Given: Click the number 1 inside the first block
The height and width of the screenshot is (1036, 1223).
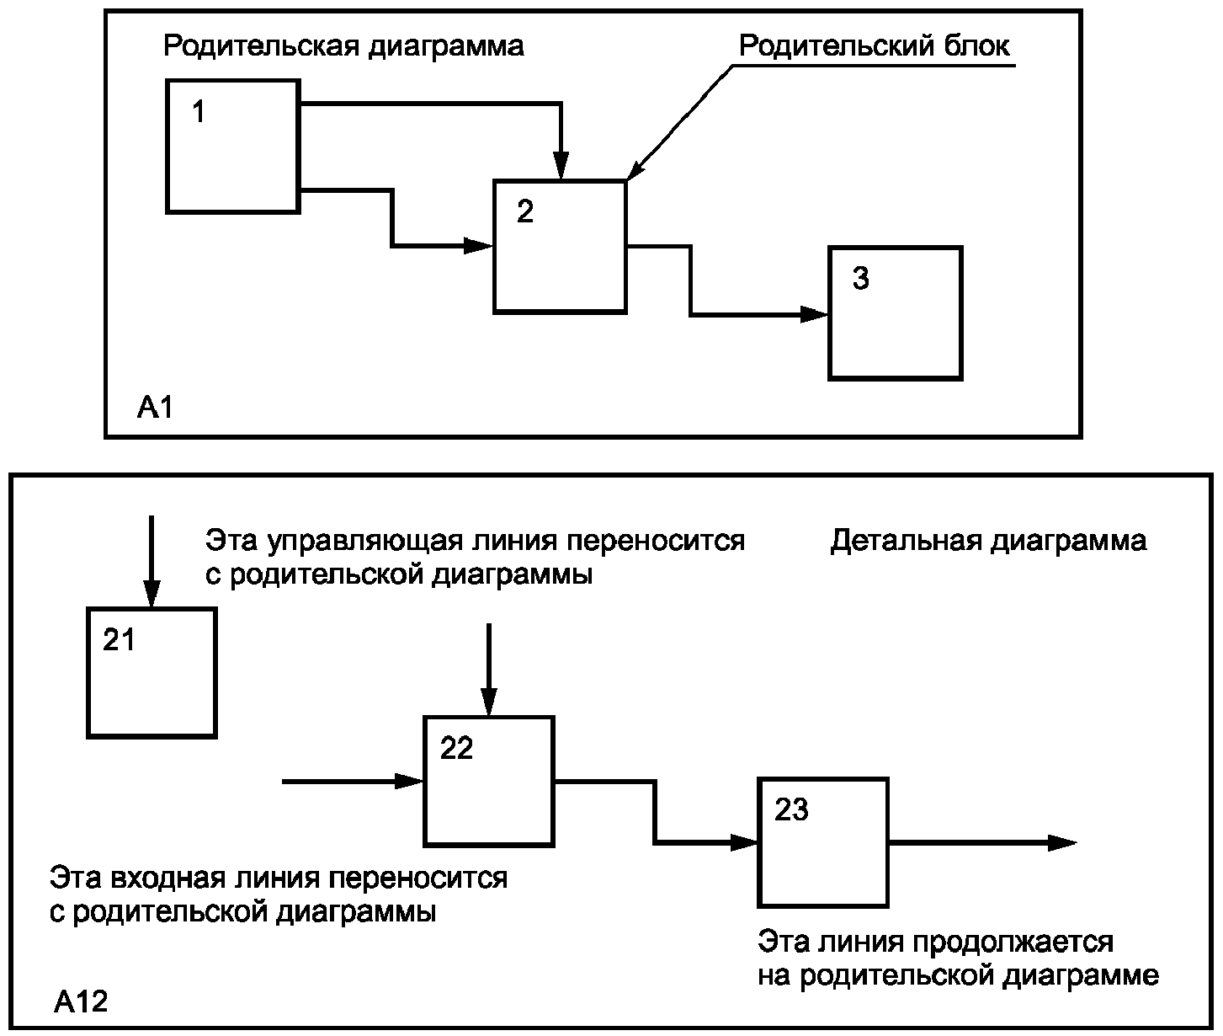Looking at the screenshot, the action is coord(199,112).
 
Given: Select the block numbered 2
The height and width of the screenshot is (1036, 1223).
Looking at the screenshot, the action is coord(561,246).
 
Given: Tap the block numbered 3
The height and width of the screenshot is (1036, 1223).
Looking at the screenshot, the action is coord(896,313).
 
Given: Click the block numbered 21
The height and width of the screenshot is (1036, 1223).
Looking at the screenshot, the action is coord(152,673).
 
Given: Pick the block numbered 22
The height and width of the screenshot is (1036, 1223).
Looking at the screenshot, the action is coord(489,782).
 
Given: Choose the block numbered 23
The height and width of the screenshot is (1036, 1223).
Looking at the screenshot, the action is coord(823,842).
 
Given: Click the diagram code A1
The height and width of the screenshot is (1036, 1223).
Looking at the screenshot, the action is coord(155,408).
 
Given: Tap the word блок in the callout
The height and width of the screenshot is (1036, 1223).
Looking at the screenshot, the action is coord(976,46).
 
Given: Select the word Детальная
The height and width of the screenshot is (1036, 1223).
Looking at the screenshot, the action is coord(906,541).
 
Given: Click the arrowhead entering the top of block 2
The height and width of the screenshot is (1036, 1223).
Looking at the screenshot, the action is coord(561,165).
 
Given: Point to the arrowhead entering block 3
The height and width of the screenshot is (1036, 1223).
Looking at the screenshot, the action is coord(814,314).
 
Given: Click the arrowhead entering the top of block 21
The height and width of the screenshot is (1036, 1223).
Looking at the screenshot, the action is coord(152,594).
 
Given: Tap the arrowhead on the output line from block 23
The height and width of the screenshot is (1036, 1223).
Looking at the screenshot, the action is coord(1062,843).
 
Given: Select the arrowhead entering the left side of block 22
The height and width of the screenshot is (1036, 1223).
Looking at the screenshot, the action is coord(409,782).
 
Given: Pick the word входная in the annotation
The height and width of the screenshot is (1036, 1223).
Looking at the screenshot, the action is coord(171,878).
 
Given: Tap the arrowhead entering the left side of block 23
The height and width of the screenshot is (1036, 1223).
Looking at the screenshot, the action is coord(744,842).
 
